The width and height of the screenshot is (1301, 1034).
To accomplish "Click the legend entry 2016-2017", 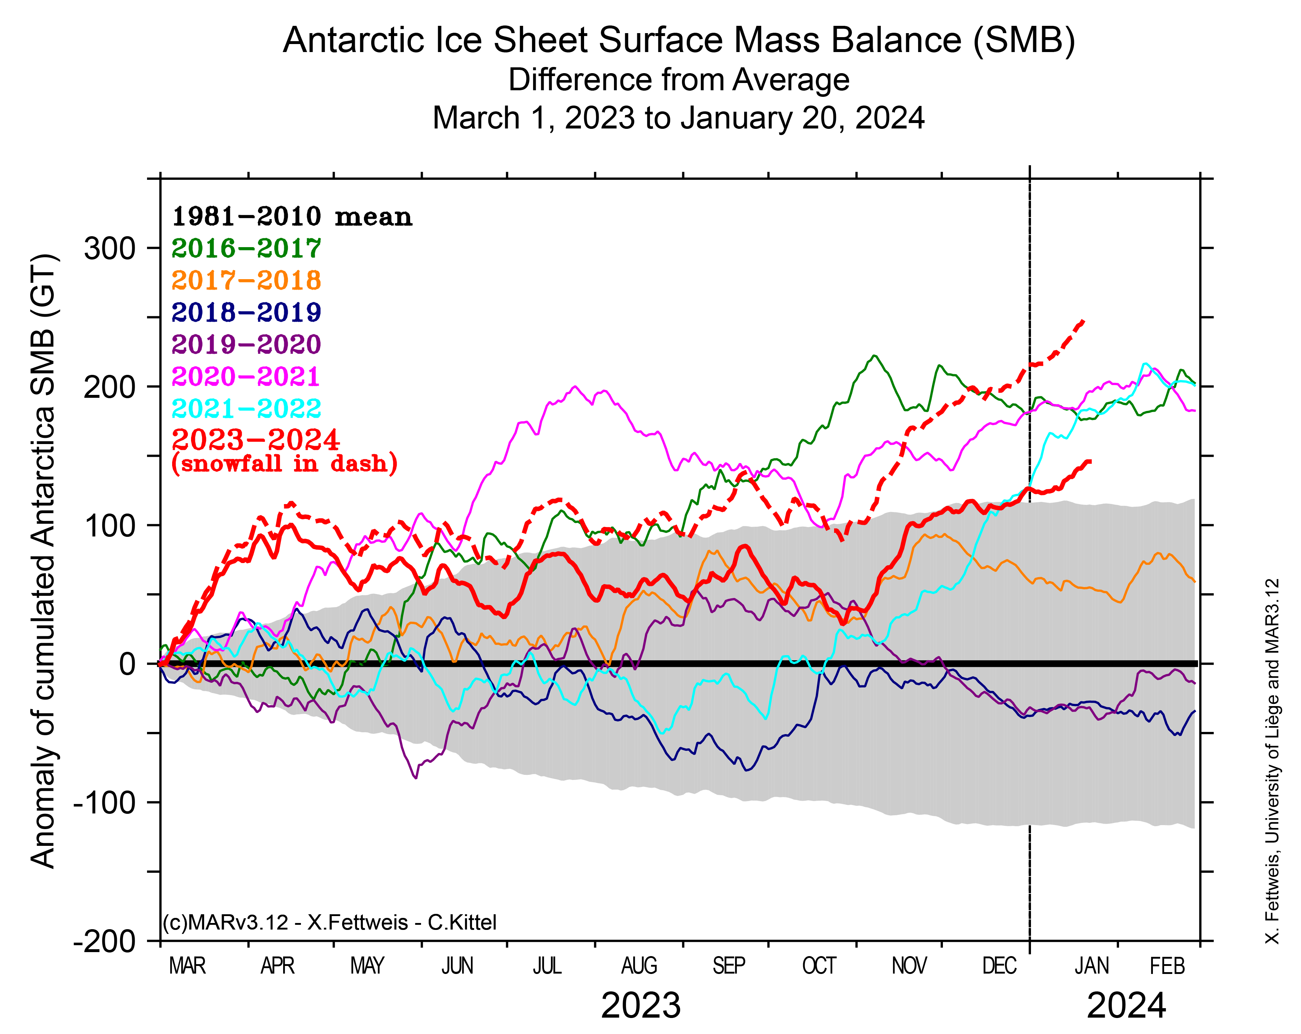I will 246,248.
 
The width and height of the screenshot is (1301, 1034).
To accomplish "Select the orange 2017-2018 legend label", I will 246,280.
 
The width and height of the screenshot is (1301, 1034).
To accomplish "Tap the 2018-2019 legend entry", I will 246,312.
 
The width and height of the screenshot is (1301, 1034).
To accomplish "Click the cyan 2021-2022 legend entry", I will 246,409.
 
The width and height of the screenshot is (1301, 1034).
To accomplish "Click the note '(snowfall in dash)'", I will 284,464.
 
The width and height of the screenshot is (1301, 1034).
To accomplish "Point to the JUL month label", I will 547,966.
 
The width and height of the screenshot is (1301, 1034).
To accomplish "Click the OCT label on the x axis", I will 819,966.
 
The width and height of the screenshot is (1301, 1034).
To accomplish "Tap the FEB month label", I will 1167,966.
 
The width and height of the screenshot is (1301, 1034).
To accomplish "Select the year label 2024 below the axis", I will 1126,1006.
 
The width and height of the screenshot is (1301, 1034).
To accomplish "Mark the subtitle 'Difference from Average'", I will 679,80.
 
